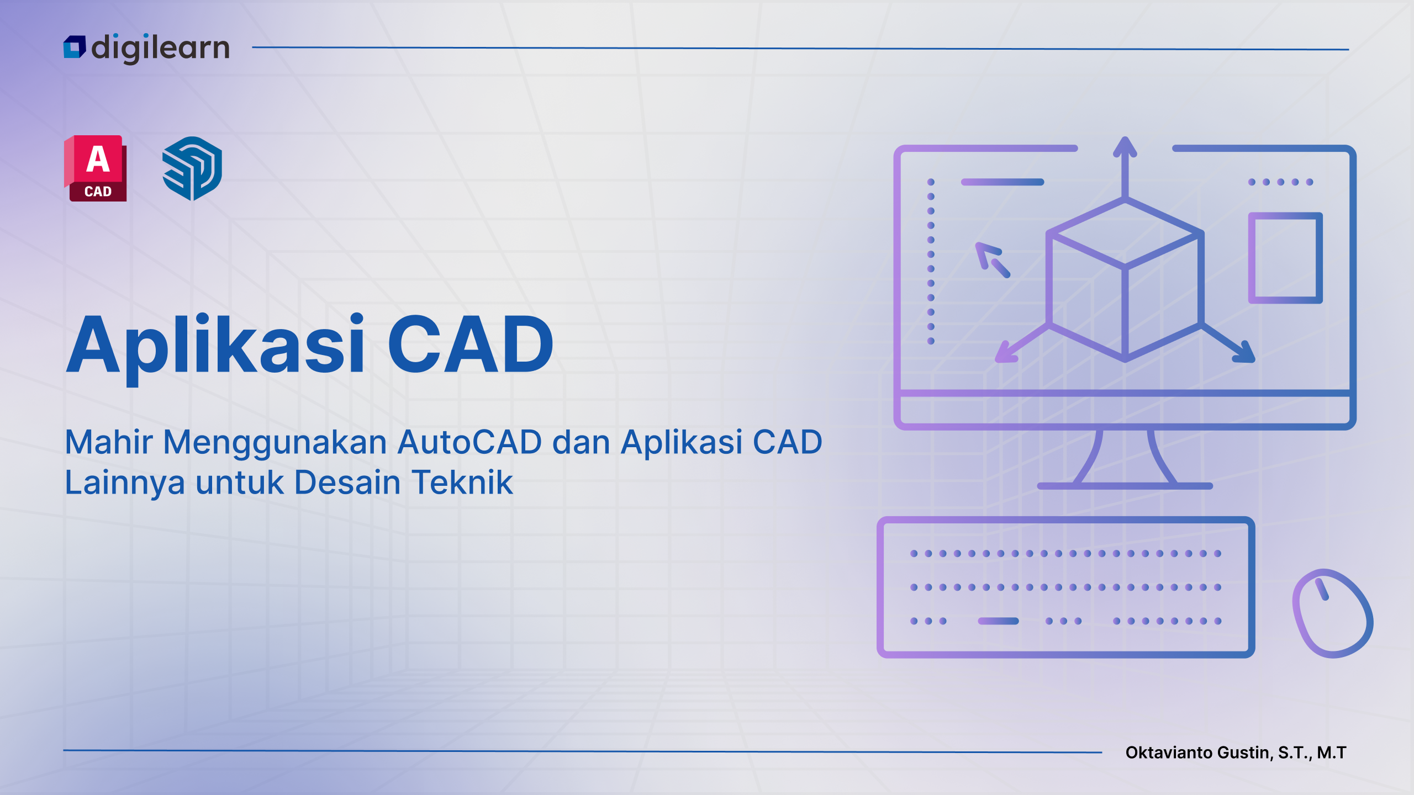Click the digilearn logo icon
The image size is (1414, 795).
[75, 47]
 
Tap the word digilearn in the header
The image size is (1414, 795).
[160, 48]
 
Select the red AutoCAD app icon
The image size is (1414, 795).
[96, 168]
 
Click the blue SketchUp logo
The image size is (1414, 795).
[192, 168]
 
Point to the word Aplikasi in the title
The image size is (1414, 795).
[215, 346]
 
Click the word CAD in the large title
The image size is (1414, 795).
[471, 345]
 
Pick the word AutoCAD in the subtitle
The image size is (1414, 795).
[469, 442]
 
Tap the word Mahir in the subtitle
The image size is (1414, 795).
[109, 442]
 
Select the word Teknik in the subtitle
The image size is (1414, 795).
[462, 482]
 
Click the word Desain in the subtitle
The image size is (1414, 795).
[347, 482]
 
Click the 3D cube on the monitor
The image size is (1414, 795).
[1125, 279]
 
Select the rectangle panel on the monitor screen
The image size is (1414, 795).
[1285, 258]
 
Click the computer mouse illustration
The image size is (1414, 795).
[1332, 613]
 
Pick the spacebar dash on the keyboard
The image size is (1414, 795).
[998, 621]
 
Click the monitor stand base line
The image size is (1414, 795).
[1125, 486]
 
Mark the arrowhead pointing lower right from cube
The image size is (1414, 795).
[1246, 353]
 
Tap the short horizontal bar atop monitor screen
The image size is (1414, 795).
[1003, 182]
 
